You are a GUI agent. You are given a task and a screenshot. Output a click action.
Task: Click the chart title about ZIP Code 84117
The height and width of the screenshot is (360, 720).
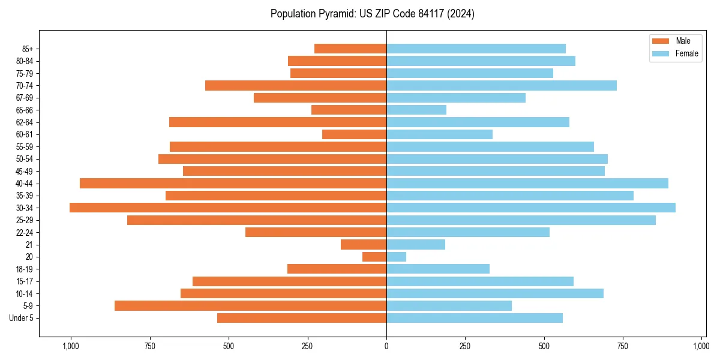click(x=372, y=14)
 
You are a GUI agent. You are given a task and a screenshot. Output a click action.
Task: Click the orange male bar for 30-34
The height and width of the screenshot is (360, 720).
click(x=228, y=208)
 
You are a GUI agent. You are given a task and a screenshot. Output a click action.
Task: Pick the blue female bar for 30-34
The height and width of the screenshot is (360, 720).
click(x=531, y=208)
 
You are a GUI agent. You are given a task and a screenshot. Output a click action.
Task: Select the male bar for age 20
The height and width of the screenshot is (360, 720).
click(x=374, y=257)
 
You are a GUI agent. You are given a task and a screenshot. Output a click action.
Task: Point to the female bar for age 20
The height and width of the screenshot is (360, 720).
click(x=396, y=257)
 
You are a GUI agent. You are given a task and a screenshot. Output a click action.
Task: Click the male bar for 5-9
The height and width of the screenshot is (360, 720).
click(x=250, y=305)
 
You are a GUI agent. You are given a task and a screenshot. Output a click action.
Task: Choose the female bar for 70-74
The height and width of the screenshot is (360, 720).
click(x=502, y=85)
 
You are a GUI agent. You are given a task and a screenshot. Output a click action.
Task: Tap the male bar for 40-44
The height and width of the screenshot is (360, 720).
click(x=233, y=183)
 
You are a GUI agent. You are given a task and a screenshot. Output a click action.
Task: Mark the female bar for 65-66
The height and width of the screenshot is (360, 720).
click(x=416, y=110)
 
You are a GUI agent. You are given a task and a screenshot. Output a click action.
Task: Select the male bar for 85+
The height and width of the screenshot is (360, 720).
click(x=350, y=49)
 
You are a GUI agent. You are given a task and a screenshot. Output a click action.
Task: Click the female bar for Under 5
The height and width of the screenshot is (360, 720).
click(x=475, y=318)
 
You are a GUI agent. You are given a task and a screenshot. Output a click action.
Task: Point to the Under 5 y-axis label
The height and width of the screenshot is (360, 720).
click(x=21, y=318)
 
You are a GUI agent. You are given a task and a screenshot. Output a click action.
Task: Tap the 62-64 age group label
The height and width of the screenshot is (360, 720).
click(x=25, y=122)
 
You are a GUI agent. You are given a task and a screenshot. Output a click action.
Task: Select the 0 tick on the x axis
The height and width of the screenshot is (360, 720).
click(x=386, y=346)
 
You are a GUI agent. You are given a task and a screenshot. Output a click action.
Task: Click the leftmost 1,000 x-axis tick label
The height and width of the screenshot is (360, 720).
click(x=71, y=346)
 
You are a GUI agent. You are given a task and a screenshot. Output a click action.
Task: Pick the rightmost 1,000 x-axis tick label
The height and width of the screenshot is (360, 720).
click(x=701, y=346)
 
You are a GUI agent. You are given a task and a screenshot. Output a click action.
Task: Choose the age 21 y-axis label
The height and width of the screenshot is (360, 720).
click(x=29, y=245)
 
